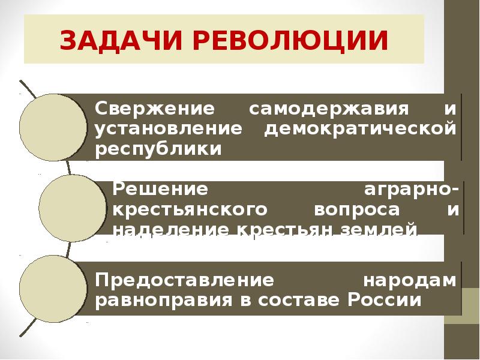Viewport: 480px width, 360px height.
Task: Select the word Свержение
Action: (155, 110)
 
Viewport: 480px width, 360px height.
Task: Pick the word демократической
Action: (361, 128)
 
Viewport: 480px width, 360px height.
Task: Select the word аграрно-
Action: (413, 189)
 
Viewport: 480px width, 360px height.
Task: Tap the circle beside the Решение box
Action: (72, 208)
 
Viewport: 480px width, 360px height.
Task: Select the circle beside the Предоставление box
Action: (53, 288)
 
